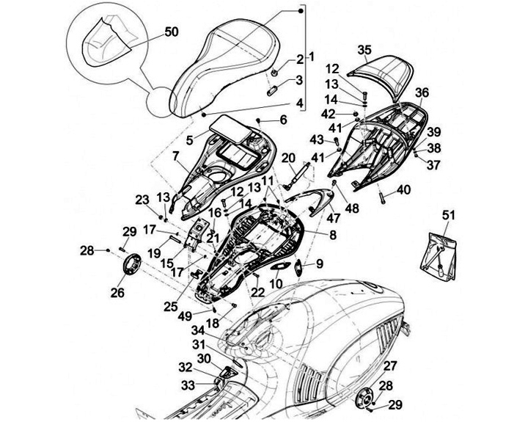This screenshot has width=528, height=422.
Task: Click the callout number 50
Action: (172, 32)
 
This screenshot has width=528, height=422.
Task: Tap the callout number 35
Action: (364, 50)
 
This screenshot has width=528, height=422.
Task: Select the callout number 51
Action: (448, 215)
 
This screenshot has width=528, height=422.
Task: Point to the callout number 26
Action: (117, 293)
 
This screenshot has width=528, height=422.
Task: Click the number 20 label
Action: (289, 158)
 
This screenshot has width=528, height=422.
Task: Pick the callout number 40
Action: (404, 190)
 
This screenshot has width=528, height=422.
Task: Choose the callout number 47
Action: (334, 218)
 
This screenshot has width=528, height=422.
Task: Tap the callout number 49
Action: (186, 316)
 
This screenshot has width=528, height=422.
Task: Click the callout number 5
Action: (190, 140)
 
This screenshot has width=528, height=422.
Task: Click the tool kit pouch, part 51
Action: (439, 256)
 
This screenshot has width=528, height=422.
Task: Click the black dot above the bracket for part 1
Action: (301, 11)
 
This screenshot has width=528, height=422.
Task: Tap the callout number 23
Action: (142, 200)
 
